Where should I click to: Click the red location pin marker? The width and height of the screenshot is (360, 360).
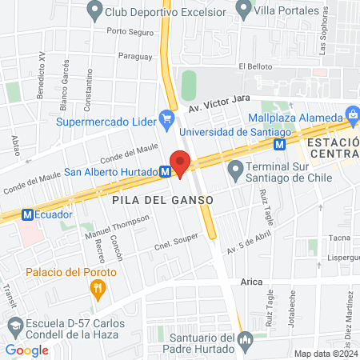point(181,165)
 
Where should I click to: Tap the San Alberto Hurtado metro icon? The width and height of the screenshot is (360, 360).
point(164,171)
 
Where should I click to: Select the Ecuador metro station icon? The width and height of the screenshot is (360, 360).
point(27,214)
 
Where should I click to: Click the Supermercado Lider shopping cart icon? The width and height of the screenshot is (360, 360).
point(166,121)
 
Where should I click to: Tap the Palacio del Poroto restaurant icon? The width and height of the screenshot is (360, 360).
point(98,289)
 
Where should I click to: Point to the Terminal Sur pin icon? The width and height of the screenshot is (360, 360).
point(235,170)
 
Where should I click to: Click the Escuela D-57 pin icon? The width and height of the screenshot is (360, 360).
point(15,326)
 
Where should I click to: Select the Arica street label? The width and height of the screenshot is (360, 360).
point(251,282)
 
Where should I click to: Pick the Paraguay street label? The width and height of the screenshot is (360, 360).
point(134,56)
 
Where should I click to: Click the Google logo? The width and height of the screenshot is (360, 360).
point(26,350)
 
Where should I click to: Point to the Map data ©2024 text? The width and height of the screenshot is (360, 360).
point(324,354)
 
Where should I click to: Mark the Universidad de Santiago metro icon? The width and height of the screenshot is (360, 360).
point(279,144)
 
